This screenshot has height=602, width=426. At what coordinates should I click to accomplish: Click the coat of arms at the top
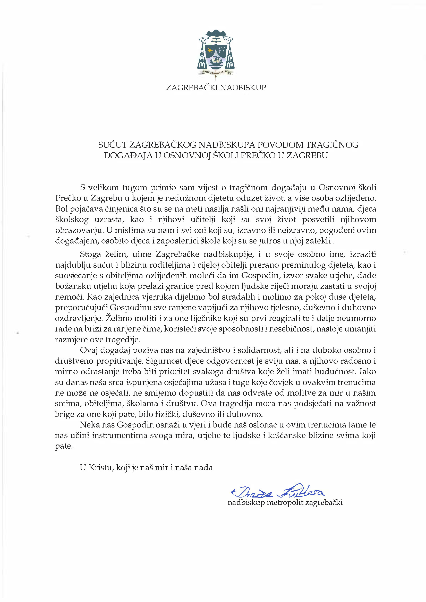click(216, 54)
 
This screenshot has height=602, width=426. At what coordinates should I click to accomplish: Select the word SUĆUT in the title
click(113, 145)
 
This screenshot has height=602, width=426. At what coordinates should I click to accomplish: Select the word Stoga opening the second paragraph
click(90, 254)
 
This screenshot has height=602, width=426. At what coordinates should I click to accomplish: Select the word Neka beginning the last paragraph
click(89, 425)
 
